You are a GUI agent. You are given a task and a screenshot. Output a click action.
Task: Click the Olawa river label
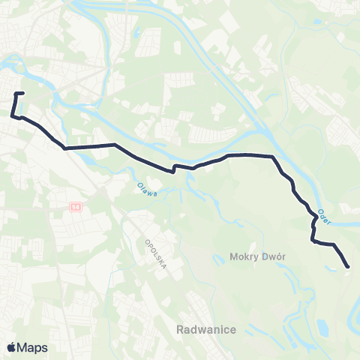pyautogui.click(x=147, y=189)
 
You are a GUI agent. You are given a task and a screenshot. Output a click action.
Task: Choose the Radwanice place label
pyautogui.click(x=207, y=329)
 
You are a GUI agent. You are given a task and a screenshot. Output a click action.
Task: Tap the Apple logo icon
pyautogui.click(x=10, y=347)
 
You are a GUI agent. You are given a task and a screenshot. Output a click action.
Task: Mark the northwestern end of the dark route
pyautogui.click(x=24, y=93)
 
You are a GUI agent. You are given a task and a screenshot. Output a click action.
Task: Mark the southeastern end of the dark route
pyautogui.click(x=348, y=266)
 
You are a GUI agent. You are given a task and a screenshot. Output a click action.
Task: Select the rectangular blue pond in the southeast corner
pyautogui.click(x=323, y=328)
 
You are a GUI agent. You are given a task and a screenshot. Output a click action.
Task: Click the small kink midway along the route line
pyautogui.click(x=174, y=168)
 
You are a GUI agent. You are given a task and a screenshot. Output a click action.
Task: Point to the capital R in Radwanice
pyautogui.click(x=181, y=329)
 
